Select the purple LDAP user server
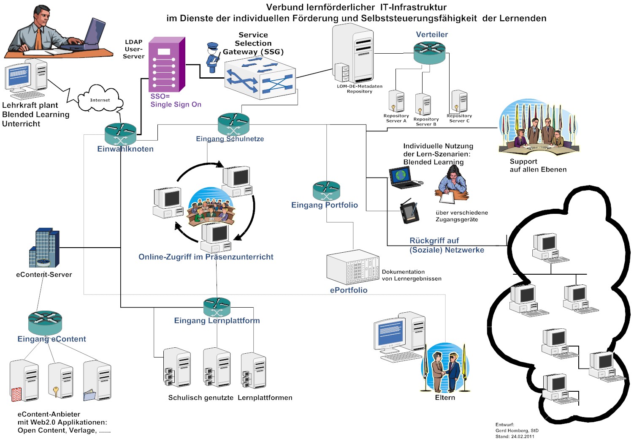coord(166,64)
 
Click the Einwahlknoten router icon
coord(121,134)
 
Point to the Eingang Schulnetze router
coord(233,124)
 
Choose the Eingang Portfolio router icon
coord(326,191)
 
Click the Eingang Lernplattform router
coord(217,307)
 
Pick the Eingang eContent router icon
coord(45,322)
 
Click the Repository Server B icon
coord(423,104)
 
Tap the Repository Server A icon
coord(396,101)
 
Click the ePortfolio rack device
coord(352,268)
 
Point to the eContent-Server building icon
coord(44,248)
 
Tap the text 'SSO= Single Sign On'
coord(176,101)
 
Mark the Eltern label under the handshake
coord(445,398)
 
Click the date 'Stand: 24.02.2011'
coord(515,437)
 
